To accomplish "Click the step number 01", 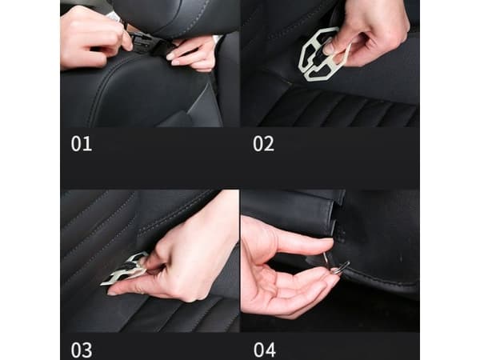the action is (x=82, y=143).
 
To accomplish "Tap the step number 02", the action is (x=263, y=143).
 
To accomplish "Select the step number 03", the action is (x=82, y=350).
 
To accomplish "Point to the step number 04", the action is (x=265, y=350).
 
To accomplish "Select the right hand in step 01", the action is (x=194, y=54).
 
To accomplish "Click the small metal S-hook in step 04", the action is (x=336, y=264).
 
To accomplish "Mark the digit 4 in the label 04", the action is (x=270, y=350).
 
